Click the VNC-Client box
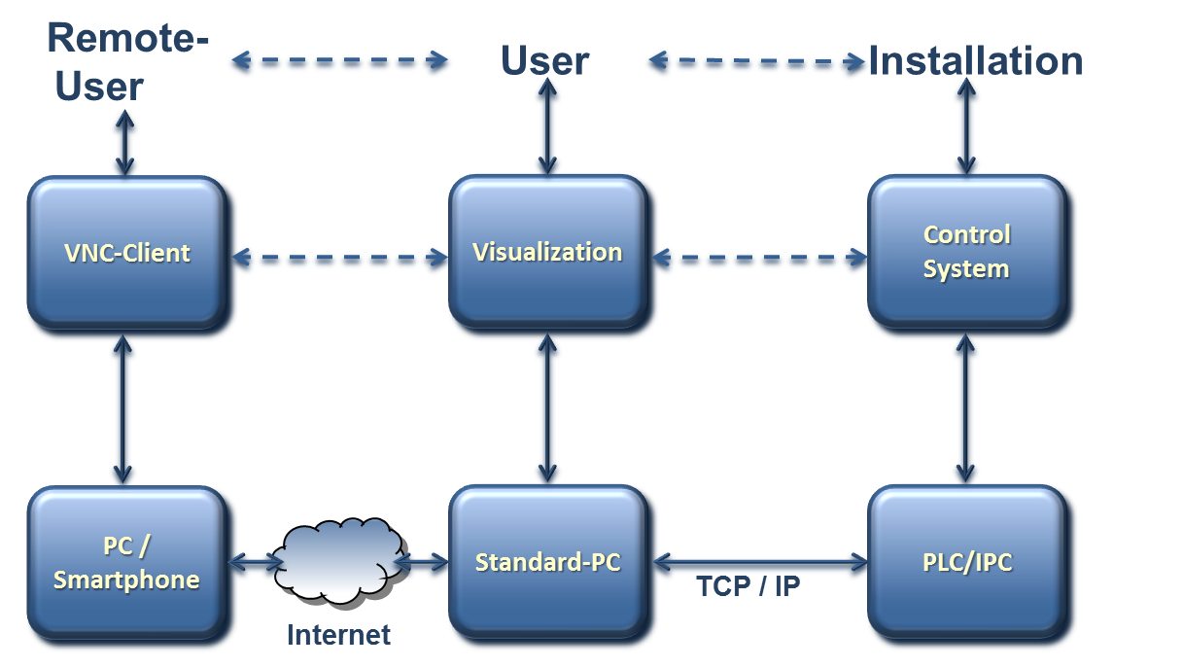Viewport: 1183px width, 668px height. [126, 253]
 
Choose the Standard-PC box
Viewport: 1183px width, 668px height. [547, 562]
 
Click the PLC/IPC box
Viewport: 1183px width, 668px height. [966, 562]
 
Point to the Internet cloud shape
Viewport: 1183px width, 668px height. [338, 560]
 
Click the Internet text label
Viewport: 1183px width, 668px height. [338, 635]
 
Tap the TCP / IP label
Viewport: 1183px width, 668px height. [748, 585]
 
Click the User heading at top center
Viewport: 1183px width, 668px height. [544, 61]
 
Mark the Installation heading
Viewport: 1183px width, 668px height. [975, 61]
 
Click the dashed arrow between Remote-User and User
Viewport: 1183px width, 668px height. [339, 63]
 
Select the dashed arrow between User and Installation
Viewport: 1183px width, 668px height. [757, 63]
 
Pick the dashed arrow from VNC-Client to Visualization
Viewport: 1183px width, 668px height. [339, 258]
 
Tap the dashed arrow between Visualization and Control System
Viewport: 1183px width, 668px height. [759, 259]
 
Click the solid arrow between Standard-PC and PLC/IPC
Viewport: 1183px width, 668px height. [759, 561]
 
